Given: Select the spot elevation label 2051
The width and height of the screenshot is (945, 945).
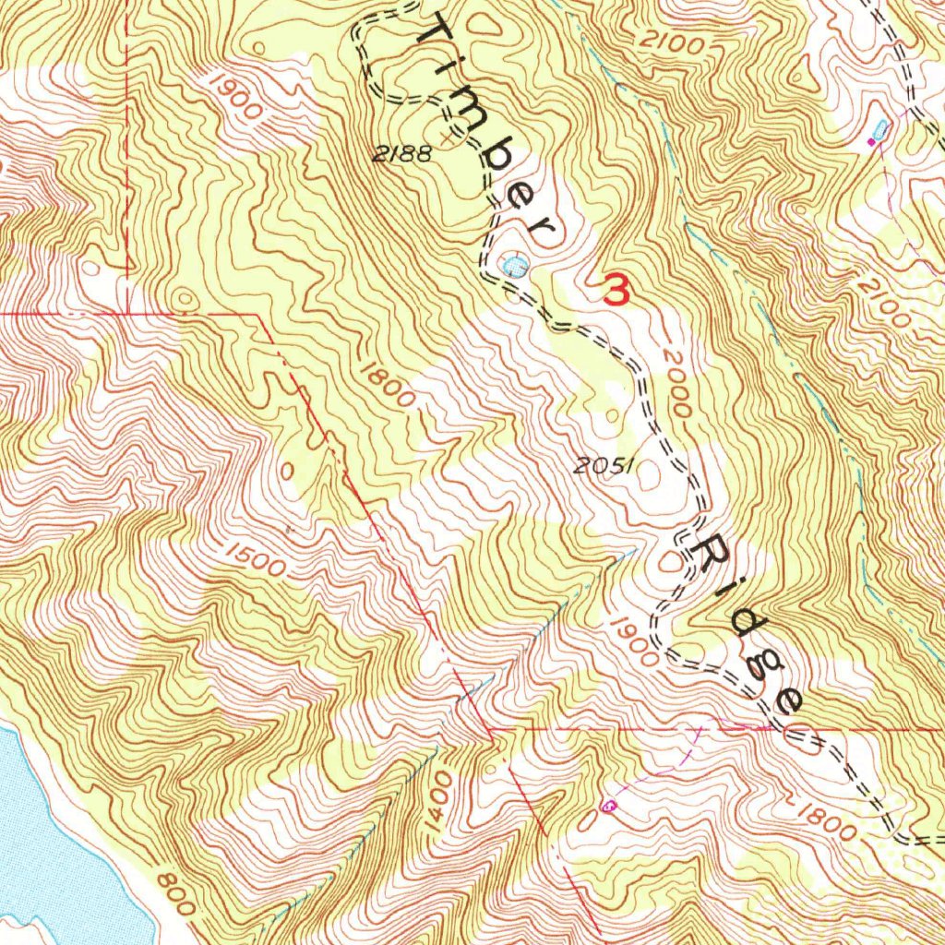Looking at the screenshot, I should [602, 467].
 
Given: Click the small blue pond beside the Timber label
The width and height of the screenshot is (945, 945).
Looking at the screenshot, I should [514, 267].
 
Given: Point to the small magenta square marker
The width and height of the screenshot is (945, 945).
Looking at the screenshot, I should [870, 143].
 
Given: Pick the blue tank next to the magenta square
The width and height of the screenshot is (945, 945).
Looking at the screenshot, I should [881, 129].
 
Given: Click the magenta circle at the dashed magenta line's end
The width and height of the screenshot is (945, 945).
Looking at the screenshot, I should [607, 806].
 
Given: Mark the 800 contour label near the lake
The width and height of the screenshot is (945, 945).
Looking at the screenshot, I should [175, 893].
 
